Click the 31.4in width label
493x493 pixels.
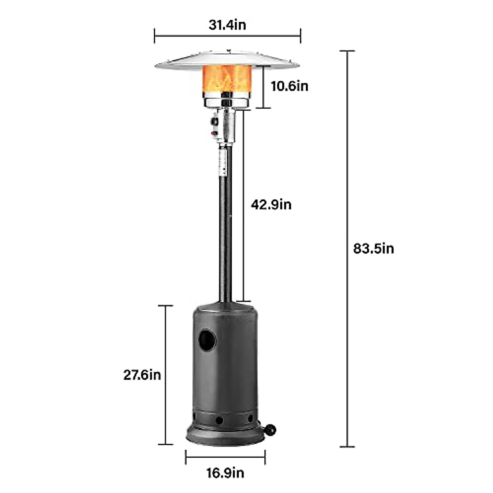coord(227,25)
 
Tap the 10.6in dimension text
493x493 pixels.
coord(289,86)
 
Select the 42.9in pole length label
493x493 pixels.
coord(271,204)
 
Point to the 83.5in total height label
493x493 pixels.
coord(373,249)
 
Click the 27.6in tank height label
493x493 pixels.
coord(142,375)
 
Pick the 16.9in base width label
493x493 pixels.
coord(225,473)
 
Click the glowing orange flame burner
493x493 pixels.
coord(227,78)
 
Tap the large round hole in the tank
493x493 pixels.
coord(207,340)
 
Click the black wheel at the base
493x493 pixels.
coord(271,430)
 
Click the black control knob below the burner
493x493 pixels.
coord(214,122)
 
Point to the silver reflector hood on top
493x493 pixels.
coord(227,60)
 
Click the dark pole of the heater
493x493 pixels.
coord(225,230)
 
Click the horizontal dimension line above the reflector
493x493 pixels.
coord(227,36)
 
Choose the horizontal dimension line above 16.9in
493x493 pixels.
coord(225,457)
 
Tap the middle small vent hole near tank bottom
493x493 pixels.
coord(219,420)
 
